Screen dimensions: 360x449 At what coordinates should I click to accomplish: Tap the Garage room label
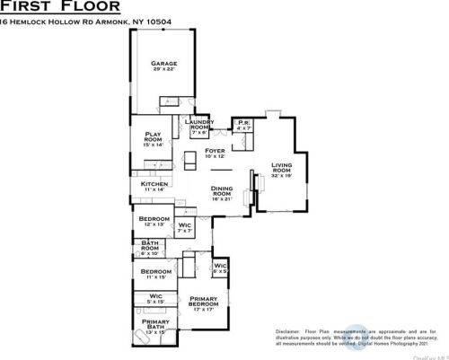[163, 64]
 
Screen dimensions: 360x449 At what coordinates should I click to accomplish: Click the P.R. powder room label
[242, 124]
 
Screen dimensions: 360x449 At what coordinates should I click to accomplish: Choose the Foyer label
[215, 151]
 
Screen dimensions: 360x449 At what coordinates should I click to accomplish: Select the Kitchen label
[154, 184]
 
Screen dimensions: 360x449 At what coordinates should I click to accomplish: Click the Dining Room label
[222, 191]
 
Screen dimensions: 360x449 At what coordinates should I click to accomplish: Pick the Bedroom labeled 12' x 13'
[151, 218]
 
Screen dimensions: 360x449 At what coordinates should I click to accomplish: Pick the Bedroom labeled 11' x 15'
[154, 271]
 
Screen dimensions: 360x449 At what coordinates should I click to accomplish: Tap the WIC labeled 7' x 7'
[184, 225]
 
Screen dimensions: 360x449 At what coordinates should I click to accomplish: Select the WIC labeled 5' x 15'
[154, 295]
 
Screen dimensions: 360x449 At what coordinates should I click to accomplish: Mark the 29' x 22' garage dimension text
[163, 69]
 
